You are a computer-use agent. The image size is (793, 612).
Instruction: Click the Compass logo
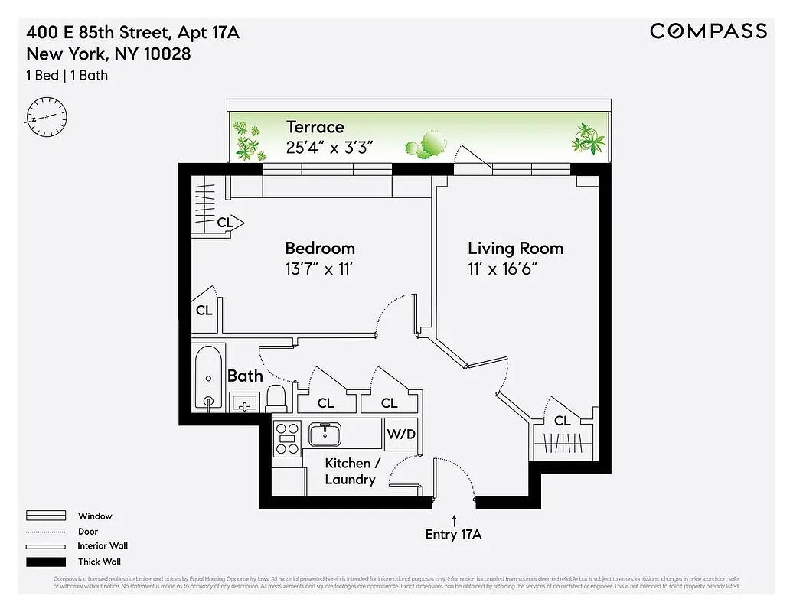[708, 31]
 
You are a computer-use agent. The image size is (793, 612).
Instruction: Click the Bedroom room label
[320, 249]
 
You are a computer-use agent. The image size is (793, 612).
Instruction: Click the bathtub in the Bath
[209, 378]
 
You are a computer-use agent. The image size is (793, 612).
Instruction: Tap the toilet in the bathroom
[276, 398]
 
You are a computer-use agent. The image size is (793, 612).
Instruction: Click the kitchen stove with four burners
[289, 439]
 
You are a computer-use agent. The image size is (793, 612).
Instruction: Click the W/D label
[401, 435]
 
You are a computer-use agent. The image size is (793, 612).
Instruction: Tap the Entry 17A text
[453, 535]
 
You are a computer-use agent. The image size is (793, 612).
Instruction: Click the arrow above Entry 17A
[454, 519]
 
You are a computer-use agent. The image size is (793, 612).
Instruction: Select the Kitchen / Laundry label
[351, 471]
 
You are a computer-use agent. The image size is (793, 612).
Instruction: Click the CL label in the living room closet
[563, 421]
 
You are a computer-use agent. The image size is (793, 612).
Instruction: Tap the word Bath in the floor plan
[245, 376]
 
